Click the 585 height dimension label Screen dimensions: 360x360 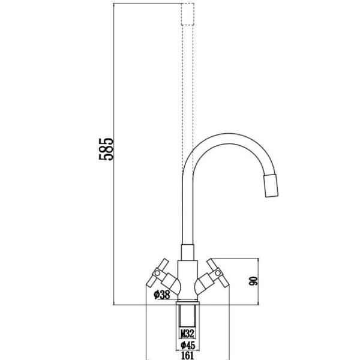tap(106, 149)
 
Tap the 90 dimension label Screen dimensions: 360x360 tap(253, 281)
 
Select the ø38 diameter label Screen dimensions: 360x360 tap(162, 295)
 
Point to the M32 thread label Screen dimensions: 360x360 tap(187, 334)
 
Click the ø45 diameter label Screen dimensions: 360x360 tap(188, 345)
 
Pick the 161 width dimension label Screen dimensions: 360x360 tap(188, 356)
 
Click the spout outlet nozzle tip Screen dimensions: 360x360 tap(271, 185)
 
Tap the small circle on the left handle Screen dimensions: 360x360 tap(157, 273)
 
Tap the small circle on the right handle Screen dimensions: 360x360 tap(218, 273)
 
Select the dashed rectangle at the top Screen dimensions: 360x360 tap(188, 14)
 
